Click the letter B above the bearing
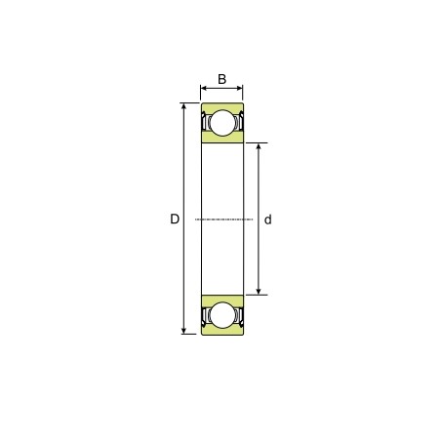pyautogui.click(x=221, y=79)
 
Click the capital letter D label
pyautogui.click(x=175, y=220)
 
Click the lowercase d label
pyautogui.click(x=268, y=220)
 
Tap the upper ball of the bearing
pyautogui.click(x=222, y=123)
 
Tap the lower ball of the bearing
pyautogui.click(x=222, y=315)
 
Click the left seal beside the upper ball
pyautogui.click(x=206, y=123)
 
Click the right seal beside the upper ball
pyautogui.click(x=239, y=123)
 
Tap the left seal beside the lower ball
pyautogui.click(x=206, y=315)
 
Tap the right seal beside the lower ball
pyautogui.click(x=239, y=315)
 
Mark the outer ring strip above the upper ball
pyautogui.click(x=222, y=105)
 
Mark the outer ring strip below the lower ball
pyautogui.click(x=222, y=332)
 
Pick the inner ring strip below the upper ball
pyautogui.click(x=222, y=140)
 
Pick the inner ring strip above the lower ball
pyautogui.click(x=222, y=298)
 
